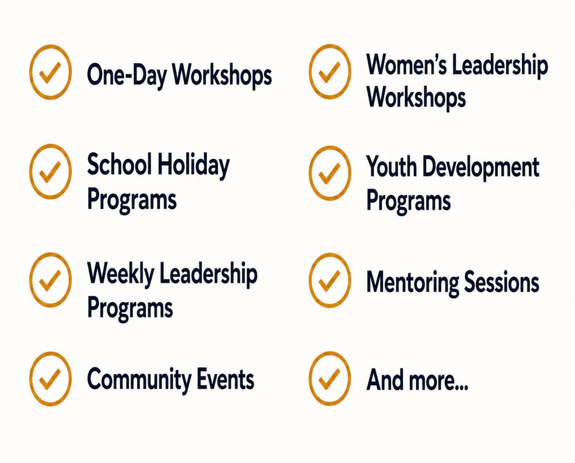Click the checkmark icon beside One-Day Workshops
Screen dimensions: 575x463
[50, 72]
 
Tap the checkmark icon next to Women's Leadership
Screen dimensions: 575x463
[330, 72]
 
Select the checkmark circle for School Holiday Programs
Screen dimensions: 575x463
[50, 171]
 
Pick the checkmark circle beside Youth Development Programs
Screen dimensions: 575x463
[330, 173]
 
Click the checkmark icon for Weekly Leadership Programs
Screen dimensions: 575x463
[50, 280]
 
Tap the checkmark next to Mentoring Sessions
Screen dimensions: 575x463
[330, 280]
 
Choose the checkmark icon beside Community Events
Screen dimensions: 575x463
[50, 379]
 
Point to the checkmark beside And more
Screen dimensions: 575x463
[330, 378]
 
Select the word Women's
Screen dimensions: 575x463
[407, 64]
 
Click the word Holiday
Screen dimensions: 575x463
[194, 166]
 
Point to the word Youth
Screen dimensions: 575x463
[391, 166]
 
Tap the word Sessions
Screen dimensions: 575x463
[502, 282]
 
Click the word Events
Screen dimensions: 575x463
[225, 379]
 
